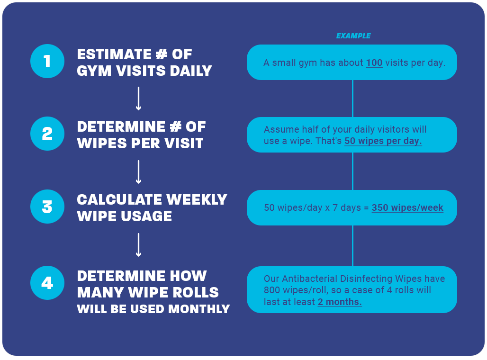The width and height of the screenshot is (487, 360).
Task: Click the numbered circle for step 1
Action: click(x=47, y=61)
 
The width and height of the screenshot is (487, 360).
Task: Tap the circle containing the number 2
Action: click(x=47, y=134)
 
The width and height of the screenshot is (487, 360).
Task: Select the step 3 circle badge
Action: click(x=47, y=207)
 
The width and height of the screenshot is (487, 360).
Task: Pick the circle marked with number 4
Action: click(x=47, y=283)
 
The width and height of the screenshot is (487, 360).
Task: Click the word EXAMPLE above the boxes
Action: click(x=353, y=36)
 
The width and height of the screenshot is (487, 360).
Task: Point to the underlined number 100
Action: click(x=374, y=63)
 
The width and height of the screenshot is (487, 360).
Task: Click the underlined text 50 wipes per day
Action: click(x=383, y=141)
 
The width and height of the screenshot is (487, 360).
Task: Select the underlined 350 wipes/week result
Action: click(x=407, y=207)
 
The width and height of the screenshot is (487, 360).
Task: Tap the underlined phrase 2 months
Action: click(x=339, y=302)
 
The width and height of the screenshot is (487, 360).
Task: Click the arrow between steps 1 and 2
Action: click(x=138, y=98)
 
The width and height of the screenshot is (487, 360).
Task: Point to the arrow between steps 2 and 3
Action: click(x=138, y=171)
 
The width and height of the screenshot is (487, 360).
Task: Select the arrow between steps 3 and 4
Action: click(x=138, y=244)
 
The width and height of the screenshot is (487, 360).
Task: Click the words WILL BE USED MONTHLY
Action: click(x=153, y=309)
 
